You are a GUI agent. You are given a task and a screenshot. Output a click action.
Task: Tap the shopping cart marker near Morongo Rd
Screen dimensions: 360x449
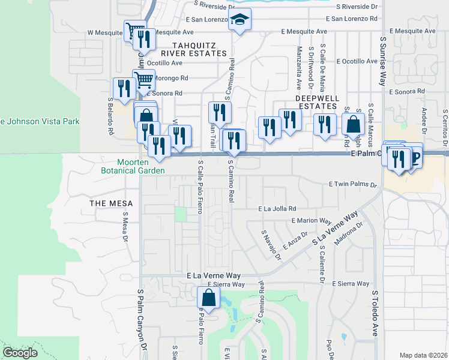tap(143, 79)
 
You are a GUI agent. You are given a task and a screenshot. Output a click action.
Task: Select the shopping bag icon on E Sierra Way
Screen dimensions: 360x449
tap(208, 296)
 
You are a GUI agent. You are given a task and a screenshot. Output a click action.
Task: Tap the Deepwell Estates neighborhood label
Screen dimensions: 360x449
tap(317, 101)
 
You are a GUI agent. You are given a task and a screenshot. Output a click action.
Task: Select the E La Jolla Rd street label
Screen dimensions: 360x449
tap(277, 209)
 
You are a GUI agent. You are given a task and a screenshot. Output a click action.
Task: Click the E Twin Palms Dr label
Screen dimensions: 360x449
tap(352, 185)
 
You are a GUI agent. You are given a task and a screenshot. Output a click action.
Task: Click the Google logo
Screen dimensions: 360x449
tap(20, 353)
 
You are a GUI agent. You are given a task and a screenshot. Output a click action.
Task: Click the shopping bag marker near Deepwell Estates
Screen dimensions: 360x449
tap(353, 124)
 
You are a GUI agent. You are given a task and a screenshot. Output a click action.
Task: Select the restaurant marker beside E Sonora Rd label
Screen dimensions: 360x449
tap(124, 88)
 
